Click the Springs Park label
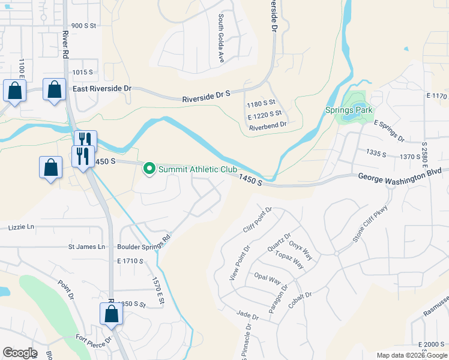(349, 110)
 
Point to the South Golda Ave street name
(221, 39)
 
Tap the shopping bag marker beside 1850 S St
(111, 314)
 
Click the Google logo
(20, 353)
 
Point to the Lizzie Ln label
(21, 227)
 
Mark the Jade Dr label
(247, 316)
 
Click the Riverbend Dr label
(268, 124)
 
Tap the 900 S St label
(84, 26)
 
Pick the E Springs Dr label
(389, 131)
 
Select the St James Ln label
(86, 247)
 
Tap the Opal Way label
(268, 280)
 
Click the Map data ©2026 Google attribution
(412, 355)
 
